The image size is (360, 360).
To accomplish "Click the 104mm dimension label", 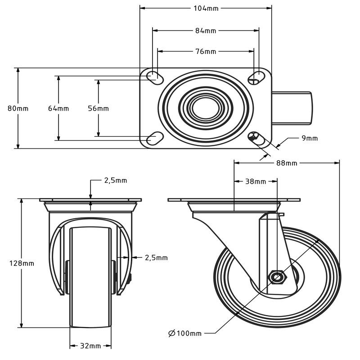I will pos(206,8).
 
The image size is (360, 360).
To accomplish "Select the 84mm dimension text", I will pos(206,31).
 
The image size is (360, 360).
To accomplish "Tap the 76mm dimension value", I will pos(206,51).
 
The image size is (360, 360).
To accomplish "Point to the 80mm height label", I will pos(18,108).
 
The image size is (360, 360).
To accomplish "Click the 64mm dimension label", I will pos(58,108).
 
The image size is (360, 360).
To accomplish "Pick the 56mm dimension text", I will pos(98,108).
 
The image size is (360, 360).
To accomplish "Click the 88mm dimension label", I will pos(287,163).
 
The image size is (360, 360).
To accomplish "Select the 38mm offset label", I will pos(256,182).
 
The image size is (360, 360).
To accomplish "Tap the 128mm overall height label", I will pos(22,263).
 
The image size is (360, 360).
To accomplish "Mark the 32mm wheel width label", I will pos(90,346).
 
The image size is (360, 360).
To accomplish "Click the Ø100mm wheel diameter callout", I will pos(185,333).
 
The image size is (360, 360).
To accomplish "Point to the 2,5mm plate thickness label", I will pos(116,180).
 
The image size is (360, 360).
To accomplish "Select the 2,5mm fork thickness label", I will pos(156,258).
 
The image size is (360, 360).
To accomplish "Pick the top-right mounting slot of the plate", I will pos(257,76).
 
